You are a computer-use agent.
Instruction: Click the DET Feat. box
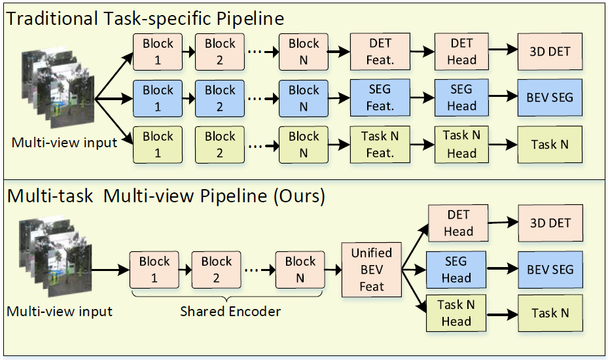(x=380, y=52)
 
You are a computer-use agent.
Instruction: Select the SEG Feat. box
(x=380, y=98)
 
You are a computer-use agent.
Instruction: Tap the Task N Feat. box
(x=380, y=145)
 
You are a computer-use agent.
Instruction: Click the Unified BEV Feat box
(x=371, y=269)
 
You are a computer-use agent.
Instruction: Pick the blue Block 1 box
(x=158, y=98)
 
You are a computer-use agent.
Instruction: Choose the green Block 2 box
(x=220, y=145)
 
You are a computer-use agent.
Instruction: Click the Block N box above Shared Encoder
(x=300, y=269)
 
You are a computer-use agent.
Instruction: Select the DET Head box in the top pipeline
(x=462, y=52)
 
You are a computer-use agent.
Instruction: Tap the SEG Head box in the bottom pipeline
(x=456, y=269)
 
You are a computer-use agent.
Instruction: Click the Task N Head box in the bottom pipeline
(x=456, y=313)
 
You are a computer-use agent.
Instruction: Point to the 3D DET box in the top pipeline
(x=550, y=52)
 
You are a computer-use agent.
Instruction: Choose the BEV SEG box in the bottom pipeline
(x=550, y=269)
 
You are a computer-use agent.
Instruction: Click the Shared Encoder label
(x=230, y=312)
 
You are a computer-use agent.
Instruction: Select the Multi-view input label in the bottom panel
(x=60, y=312)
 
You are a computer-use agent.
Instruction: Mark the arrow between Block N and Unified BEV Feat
(x=333, y=269)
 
